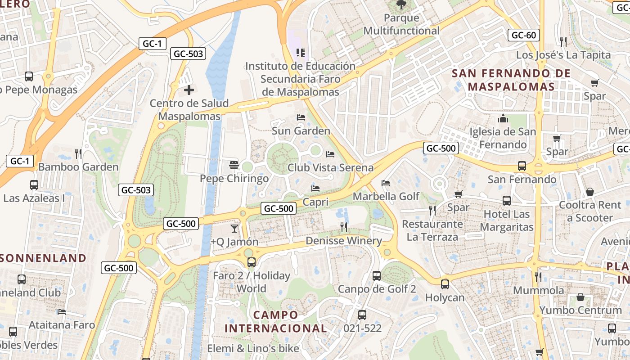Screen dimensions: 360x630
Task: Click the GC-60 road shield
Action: pyautogui.click(x=524, y=35)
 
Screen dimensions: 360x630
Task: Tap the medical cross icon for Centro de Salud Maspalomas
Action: pyautogui.click(x=189, y=90)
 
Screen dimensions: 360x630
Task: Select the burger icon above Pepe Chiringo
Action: pyautogui.click(x=234, y=165)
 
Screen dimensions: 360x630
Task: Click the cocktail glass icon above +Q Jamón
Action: pyautogui.click(x=234, y=229)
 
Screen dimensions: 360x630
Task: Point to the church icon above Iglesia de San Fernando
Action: pyautogui.click(x=503, y=119)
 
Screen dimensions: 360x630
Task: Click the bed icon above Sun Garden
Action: pyautogui.click(x=301, y=117)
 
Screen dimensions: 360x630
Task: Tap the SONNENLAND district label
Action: pyautogui.click(x=43, y=258)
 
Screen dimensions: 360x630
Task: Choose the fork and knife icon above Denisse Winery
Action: pyautogui.click(x=344, y=227)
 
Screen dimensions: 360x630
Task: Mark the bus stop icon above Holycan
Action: pyautogui.click(x=445, y=284)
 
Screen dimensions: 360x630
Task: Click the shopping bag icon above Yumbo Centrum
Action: pyautogui.click(x=580, y=297)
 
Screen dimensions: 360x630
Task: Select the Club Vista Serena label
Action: pyautogui.click(x=330, y=168)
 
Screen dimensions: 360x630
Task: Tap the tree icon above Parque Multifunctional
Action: pyautogui.click(x=401, y=5)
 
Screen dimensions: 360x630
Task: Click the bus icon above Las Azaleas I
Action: pyautogui.click(x=34, y=184)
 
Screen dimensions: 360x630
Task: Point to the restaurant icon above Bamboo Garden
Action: pyautogui.click(x=78, y=154)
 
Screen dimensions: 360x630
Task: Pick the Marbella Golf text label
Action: pyautogui.click(x=386, y=196)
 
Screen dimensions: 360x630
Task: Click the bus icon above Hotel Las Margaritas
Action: pyautogui.click(x=506, y=201)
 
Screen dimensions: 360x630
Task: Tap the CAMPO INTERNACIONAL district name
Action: pyautogui.click(x=275, y=321)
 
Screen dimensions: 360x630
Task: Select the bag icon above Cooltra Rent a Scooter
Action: pyautogui.click(x=590, y=192)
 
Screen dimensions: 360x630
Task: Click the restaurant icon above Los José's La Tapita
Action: pyautogui.click(x=563, y=42)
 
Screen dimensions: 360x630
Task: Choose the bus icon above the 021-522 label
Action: pyautogui.click(x=362, y=315)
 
